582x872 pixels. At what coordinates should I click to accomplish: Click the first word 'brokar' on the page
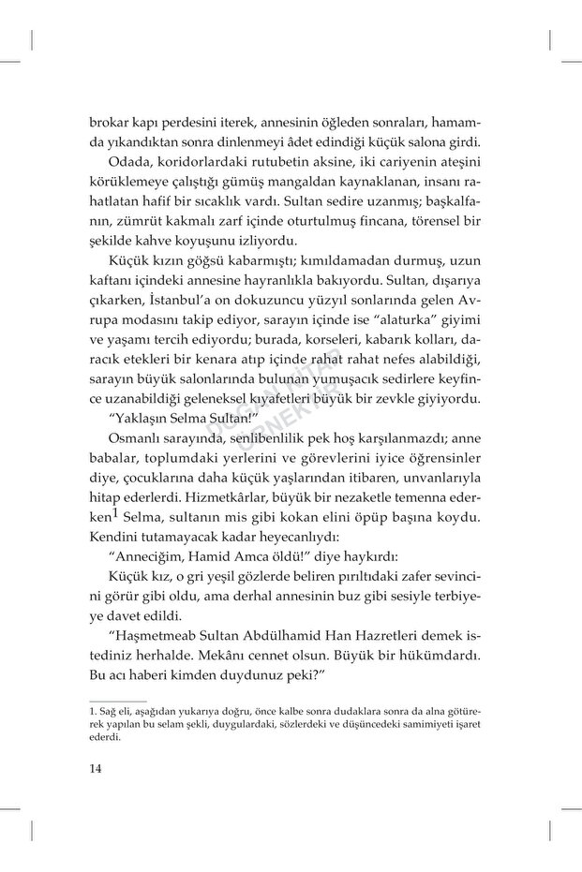(x=109, y=122)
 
